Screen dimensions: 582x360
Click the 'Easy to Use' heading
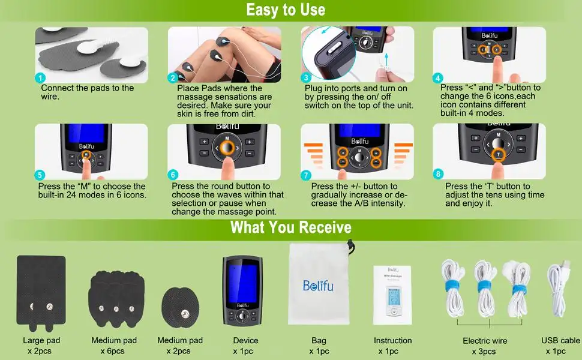coord(286,10)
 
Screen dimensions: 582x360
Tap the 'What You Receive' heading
coord(290,227)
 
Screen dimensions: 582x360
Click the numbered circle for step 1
coord(40,78)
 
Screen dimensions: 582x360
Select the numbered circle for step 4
coord(437,78)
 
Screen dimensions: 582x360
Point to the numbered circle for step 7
coord(305,175)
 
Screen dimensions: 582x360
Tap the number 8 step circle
coord(438,173)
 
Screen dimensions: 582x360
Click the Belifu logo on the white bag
coord(318,286)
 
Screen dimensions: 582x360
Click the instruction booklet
coord(393,295)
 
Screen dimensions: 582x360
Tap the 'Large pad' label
coord(41,340)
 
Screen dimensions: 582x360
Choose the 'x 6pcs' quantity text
coord(112,351)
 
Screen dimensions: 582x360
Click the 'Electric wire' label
coord(485,341)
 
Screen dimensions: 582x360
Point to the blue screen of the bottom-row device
coord(242,283)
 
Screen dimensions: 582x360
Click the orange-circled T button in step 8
coord(498,154)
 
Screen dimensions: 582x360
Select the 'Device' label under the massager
coord(245,340)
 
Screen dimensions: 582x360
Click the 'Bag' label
coord(319,340)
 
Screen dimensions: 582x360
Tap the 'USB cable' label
coord(560,340)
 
